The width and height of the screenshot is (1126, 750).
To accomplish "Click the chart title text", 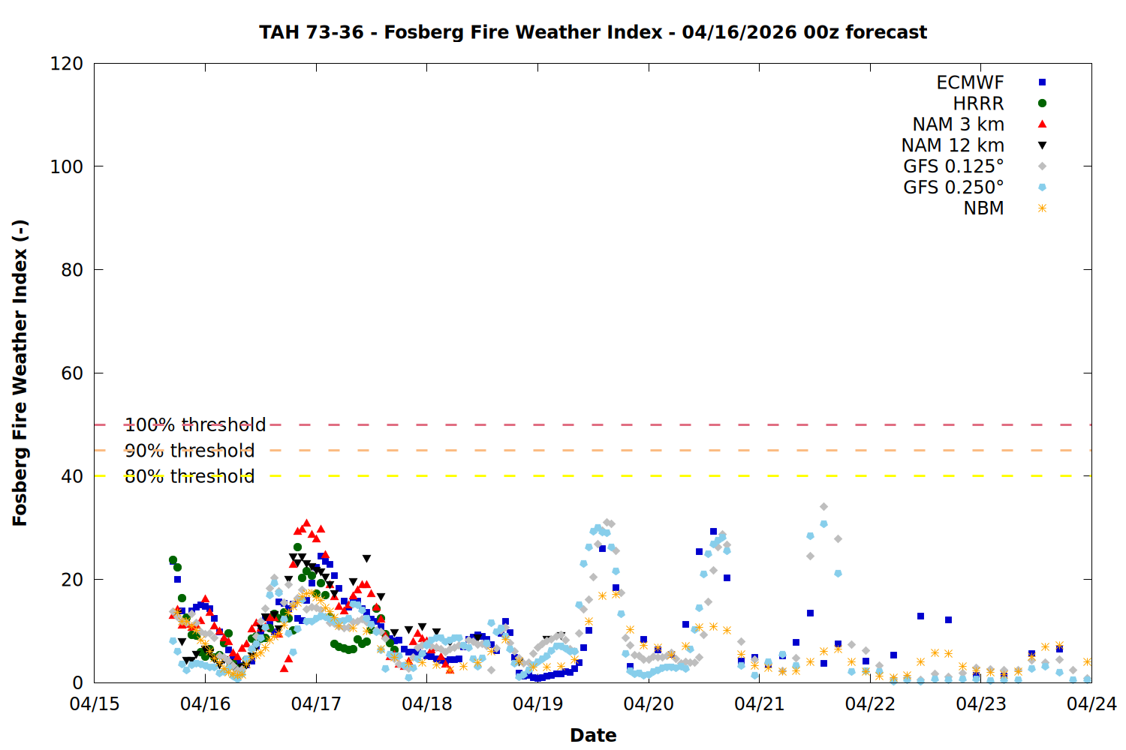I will pos(593,32).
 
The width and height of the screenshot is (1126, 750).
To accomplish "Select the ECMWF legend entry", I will pos(970,82).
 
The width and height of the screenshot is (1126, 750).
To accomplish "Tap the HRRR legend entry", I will pos(978,103).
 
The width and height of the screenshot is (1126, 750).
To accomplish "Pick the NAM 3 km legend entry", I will pos(958,124).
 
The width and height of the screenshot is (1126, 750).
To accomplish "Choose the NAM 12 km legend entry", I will pos(953,145).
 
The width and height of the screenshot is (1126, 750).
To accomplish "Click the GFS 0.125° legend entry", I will pos(953,166).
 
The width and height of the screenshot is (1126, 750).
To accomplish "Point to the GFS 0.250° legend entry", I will pos(953,187).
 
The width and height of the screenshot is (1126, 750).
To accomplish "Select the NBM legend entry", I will pos(983,208).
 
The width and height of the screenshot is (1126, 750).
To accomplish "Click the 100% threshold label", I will pos(195,425).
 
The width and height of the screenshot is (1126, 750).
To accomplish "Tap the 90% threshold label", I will pos(189,451).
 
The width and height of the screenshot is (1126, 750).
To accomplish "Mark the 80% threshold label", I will pos(189,476).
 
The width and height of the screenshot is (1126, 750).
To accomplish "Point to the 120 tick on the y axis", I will pos(67,64).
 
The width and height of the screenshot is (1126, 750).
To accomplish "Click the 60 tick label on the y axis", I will pos(72,373).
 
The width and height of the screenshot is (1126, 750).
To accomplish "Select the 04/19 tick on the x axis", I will pos(537,704).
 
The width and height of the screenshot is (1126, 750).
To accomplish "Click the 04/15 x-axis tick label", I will pos(95,704).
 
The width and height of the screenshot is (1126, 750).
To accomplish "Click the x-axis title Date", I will pos(593,735).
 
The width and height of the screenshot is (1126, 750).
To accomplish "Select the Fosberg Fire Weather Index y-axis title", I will pos(20,373).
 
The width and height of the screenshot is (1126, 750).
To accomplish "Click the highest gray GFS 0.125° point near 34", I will pos(823,507).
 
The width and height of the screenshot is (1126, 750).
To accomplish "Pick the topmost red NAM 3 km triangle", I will pos(306,523).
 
